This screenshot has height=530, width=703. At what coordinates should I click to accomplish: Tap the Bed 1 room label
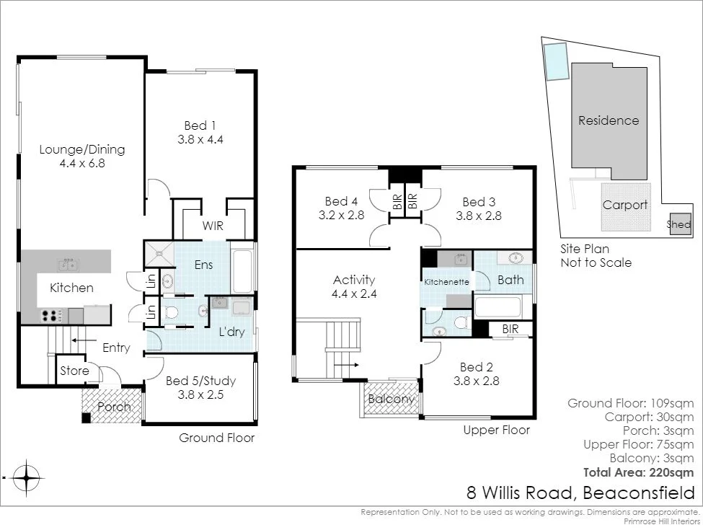tap(200, 125)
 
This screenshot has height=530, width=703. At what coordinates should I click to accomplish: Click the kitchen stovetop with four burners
tap(52, 315)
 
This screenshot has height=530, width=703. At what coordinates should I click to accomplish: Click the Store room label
tap(74, 371)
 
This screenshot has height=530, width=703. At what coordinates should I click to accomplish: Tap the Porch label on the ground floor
tap(114, 407)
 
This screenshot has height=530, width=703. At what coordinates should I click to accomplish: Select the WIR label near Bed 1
tap(213, 226)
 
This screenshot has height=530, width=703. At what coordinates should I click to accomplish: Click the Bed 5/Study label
tap(200, 381)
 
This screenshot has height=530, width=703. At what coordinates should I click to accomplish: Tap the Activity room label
tap(354, 280)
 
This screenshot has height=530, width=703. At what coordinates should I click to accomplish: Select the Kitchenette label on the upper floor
tap(447, 282)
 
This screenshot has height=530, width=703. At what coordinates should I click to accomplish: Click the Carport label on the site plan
tap(624, 205)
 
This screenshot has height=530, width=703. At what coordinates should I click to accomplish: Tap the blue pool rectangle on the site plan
tap(555, 61)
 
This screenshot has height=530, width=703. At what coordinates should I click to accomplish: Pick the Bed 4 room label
tap(341, 201)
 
